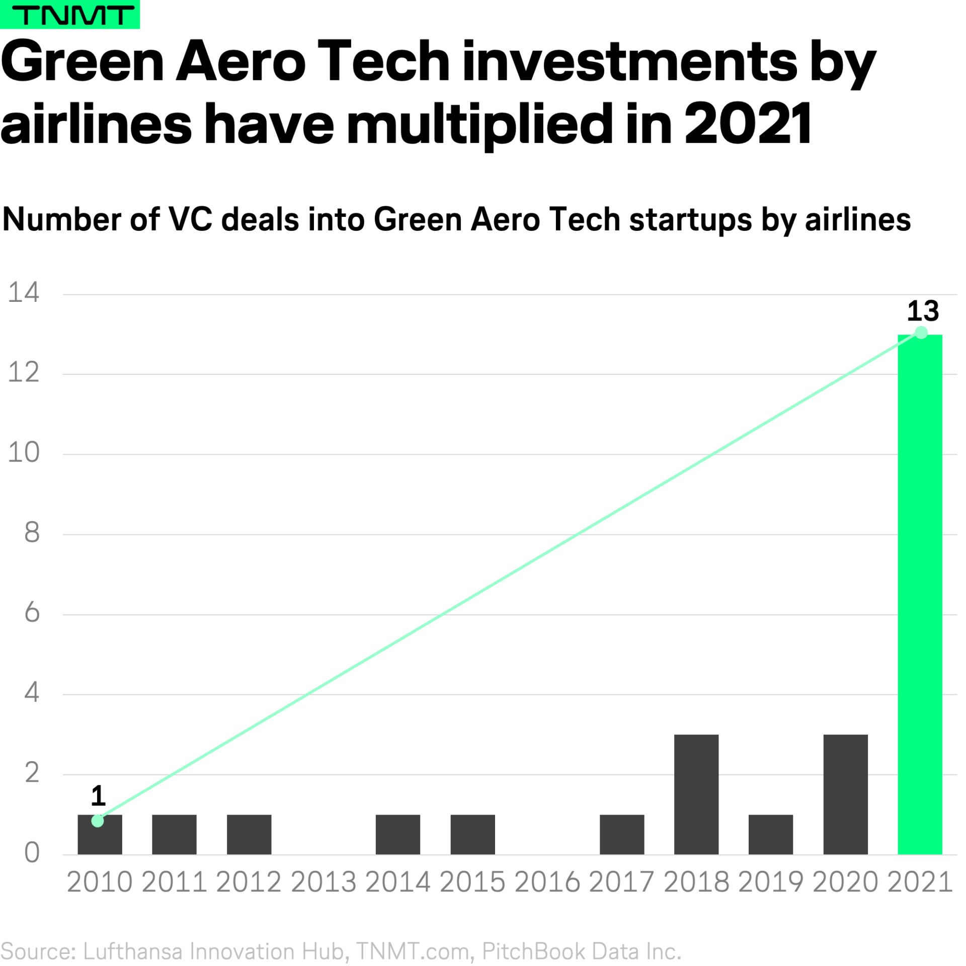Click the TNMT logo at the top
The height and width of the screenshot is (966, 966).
coord(70,15)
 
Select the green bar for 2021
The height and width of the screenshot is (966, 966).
coord(919,594)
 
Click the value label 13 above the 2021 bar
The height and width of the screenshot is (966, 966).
coord(922,311)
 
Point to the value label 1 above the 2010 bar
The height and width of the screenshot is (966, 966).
coord(98,795)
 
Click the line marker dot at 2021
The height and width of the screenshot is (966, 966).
coord(921,333)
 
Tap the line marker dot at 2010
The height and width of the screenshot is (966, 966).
coord(98,821)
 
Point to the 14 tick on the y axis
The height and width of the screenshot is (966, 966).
coord(24,292)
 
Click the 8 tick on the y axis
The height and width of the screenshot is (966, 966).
coord(32,532)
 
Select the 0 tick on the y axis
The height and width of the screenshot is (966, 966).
coord(32,853)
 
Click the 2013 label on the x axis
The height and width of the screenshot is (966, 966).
coord(323,882)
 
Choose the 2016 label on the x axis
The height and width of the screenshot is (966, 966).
coord(547,882)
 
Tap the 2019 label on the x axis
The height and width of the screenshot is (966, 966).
coord(770,882)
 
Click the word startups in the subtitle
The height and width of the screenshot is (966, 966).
coord(690,220)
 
